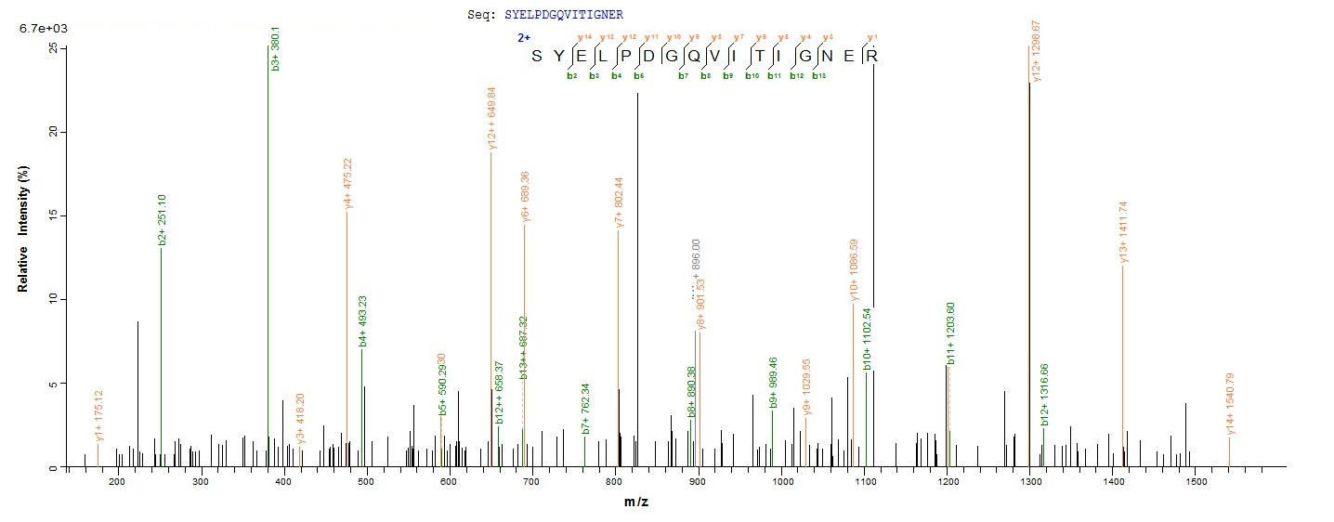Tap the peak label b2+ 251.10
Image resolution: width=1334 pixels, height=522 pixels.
(162, 220)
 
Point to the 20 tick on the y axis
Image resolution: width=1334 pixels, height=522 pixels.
(54, 132)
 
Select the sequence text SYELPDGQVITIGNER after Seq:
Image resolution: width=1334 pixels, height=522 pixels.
(564, 15)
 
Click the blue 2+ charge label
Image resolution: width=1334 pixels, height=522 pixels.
(524, 38)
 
